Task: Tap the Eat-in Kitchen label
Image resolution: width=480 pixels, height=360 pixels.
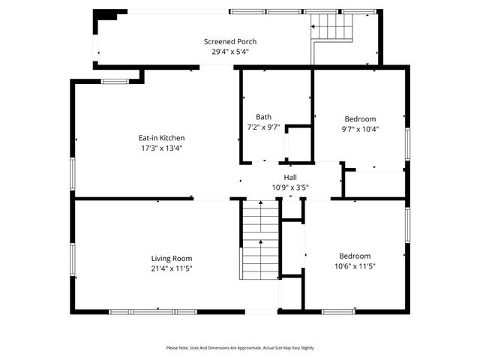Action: pos(161,138)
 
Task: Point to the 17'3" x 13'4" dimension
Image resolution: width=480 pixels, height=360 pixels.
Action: pos(161,148)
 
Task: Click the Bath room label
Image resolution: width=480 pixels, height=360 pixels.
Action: pos(264,116)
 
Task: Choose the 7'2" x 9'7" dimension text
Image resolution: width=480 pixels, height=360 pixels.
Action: pos(264,127)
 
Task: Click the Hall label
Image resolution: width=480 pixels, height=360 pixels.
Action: pos(289,177)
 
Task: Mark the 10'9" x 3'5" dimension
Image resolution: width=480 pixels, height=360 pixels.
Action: pos(289,187)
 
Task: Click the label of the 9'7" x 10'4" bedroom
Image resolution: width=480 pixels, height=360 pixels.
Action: pos(360,118)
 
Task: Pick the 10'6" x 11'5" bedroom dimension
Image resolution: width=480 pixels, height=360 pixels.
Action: pos(354,267)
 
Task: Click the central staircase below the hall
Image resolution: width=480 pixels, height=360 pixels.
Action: pos(259,240)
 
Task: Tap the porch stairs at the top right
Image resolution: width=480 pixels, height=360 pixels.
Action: pos(332,28)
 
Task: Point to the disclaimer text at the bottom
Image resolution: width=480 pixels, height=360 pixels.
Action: pos(240,348)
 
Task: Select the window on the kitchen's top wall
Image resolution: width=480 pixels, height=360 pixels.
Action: pos(115,81)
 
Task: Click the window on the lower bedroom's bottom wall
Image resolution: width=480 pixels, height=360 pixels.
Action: pos(338,311)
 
